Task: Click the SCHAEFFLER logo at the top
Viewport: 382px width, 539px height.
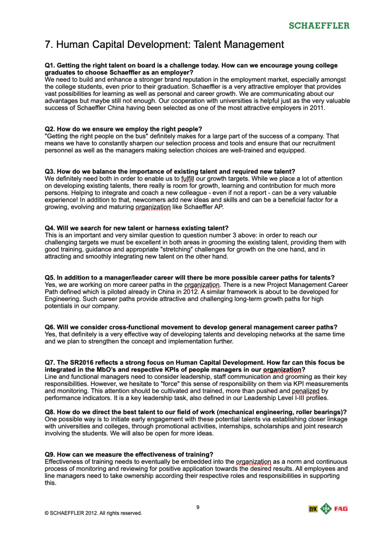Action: [x=319, y=25]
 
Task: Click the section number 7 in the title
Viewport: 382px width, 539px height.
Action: [x=48, y=44]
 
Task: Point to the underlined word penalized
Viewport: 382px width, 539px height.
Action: [x=306, y=392]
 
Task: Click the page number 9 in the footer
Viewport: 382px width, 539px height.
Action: [x=198, y=507]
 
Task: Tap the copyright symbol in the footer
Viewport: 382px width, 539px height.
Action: [x=47, y=513]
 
